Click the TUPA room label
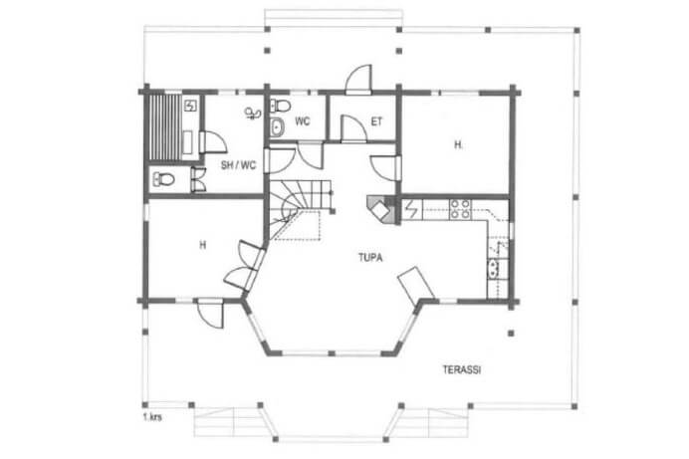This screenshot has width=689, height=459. coord(370,258)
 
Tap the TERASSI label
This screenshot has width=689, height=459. coord(461,369)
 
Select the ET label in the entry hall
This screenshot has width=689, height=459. coord(376,121)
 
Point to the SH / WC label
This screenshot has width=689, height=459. coord(238,165)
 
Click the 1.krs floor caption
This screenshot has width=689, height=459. coord(152,417)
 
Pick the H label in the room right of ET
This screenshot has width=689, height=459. coord(458,144)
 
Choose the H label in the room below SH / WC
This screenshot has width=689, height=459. coord(202,245)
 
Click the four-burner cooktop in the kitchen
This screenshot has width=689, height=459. coord(460,209)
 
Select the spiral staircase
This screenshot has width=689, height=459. coord(299,209)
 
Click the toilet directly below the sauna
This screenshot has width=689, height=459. coord(163,179)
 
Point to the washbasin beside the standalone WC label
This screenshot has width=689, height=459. coord(277,127)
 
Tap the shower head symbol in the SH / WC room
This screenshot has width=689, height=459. coord(253,114)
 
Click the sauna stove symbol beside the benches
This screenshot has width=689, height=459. coord(191,106)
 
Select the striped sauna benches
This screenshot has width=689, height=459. coord(165,126)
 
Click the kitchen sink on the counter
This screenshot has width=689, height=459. coord(494,269)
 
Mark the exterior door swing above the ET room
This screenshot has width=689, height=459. coord(358,79)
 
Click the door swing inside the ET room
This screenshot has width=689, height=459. coord(353,128)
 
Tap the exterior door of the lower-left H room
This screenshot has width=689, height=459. coord(210,314)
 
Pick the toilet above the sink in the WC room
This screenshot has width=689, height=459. coord(280,106)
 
